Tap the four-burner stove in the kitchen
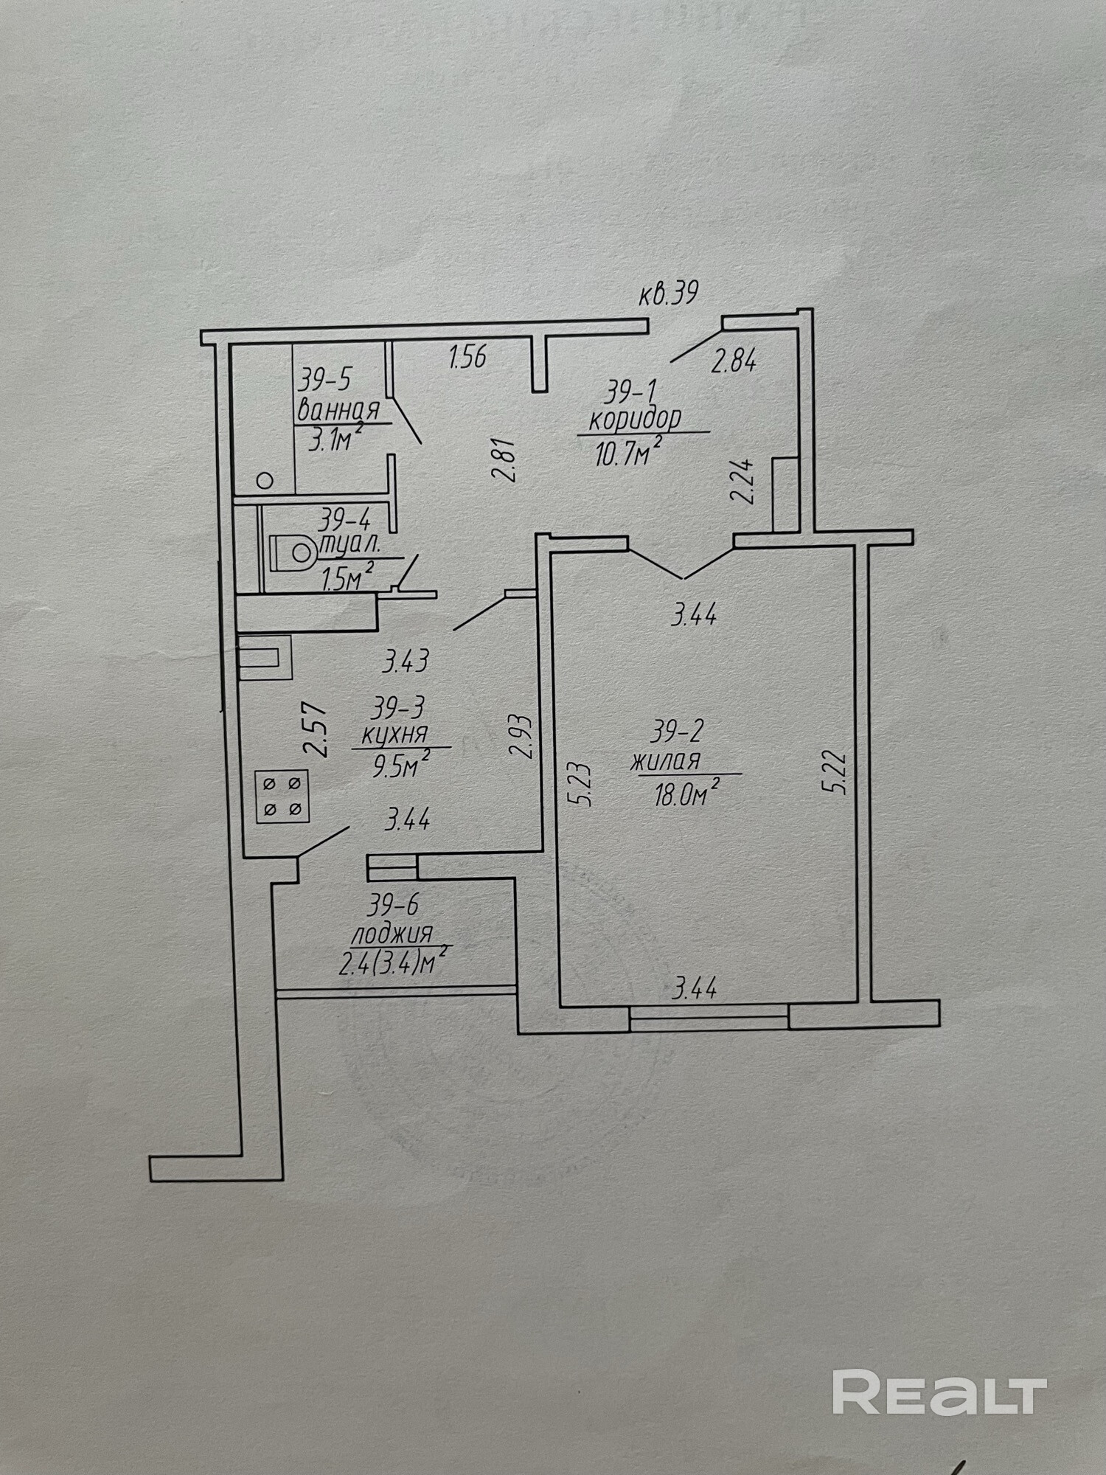282,796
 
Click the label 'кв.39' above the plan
667,295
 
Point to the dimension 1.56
468,358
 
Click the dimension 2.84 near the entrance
734,362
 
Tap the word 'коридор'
635,419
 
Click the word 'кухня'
394,735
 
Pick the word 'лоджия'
392,934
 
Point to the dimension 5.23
582,785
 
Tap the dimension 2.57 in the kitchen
317,729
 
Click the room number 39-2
677,732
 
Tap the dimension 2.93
520,736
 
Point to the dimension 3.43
406,661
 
